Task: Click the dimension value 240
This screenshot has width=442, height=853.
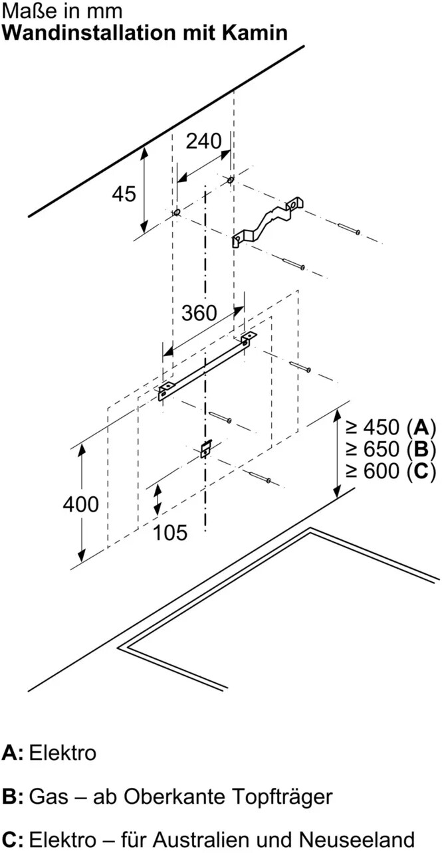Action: point(203,142)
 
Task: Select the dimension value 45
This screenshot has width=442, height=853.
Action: point(124,194)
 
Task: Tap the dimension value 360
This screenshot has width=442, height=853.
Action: point(199,313)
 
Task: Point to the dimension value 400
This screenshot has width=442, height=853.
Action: point(81,504)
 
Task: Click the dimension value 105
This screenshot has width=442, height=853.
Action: point(170,532)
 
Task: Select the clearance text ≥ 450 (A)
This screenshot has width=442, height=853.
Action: point(391,427)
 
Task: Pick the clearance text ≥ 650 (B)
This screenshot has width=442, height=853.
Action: point(391,449)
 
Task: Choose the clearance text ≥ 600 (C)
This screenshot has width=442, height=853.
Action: point(391,471)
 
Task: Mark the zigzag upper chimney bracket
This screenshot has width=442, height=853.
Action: point(267,223)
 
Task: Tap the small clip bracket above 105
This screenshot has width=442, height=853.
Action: point(206,449)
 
